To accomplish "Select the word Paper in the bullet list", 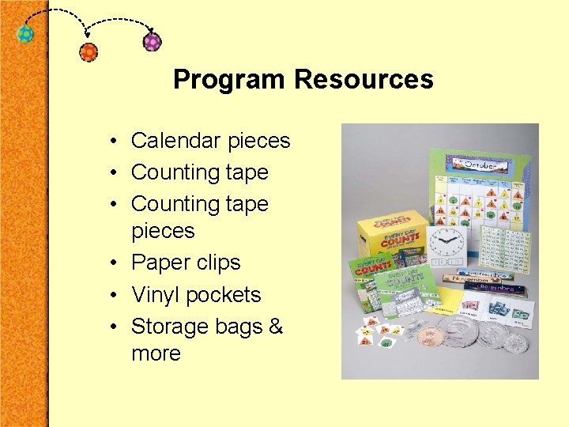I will pyautogui.click(x=161, y=263).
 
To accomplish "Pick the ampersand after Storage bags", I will pyautogui.click(x=275, y=327).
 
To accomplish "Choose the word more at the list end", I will pyautogui.click(x=156, y=353).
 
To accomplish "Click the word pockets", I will pyautogui.click(x=224, y=295).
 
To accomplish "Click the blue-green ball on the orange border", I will pyautogui.click(x=26, y=35).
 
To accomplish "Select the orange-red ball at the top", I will pyautogui.click(x=89, y=52).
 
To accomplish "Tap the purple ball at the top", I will pyautogui.click(x=152, y=41).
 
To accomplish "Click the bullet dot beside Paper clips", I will pyautogui.click(x=115, y=263).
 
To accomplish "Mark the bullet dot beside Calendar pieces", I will pyautogui.click(x=115, y=142).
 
